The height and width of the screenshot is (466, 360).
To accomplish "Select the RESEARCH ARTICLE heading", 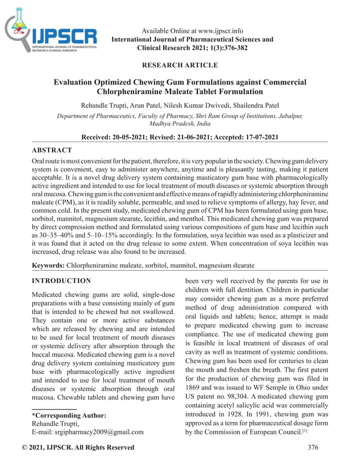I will [180, 65].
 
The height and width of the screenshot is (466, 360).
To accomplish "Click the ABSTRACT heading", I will [51, 150].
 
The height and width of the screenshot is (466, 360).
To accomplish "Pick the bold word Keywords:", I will [48, 264].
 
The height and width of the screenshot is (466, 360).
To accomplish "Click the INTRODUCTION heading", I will [61, 280].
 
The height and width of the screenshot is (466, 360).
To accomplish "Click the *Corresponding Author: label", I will [68, 416].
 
